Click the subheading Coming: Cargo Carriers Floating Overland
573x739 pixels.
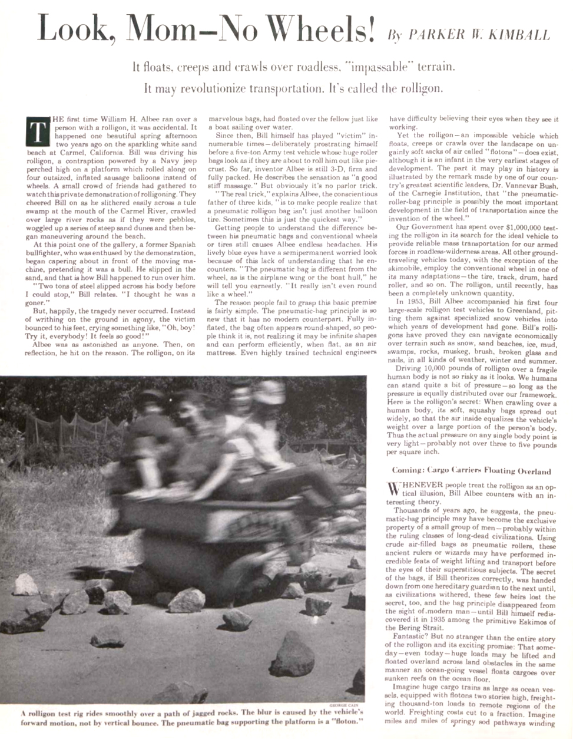(471, 471)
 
